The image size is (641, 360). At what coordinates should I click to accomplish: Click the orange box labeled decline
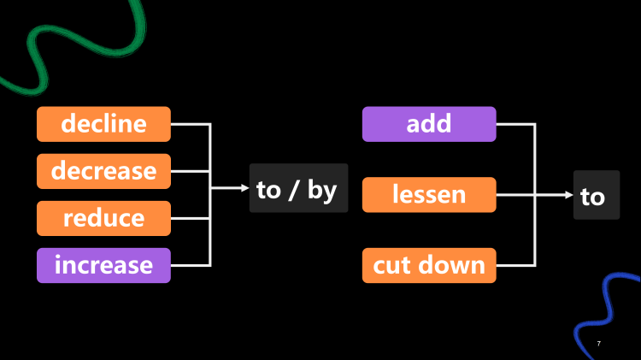click(x=103, y=124)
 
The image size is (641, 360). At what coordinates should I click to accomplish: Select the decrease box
click(x=103, y=171)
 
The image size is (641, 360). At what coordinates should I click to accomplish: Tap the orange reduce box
click(x=103, y=218)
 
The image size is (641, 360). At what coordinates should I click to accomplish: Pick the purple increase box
click(x=103, y=265)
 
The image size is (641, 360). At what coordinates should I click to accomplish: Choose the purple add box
click(x=428, y=124)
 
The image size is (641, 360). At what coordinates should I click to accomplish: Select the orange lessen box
click(x=428, y=195)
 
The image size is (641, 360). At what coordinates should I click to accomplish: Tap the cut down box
click(x=428, y=265)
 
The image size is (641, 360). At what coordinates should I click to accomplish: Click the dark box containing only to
click(x=596, y=196)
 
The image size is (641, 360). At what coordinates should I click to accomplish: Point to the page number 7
click(x=598, y=343)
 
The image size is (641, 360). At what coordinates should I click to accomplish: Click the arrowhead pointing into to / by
click(x=244, y=188)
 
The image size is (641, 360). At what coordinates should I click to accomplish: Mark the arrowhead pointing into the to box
click(x=568, y=195)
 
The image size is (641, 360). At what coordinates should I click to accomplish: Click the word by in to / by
click(x=322, y=190)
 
